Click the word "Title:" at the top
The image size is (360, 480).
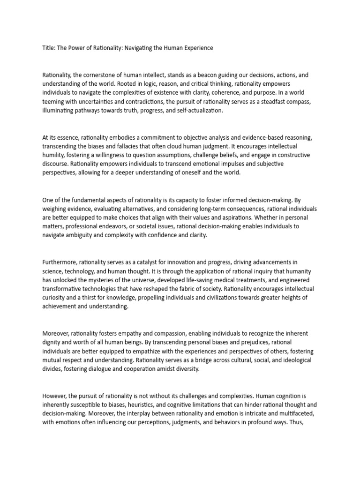tap(49, 48)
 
